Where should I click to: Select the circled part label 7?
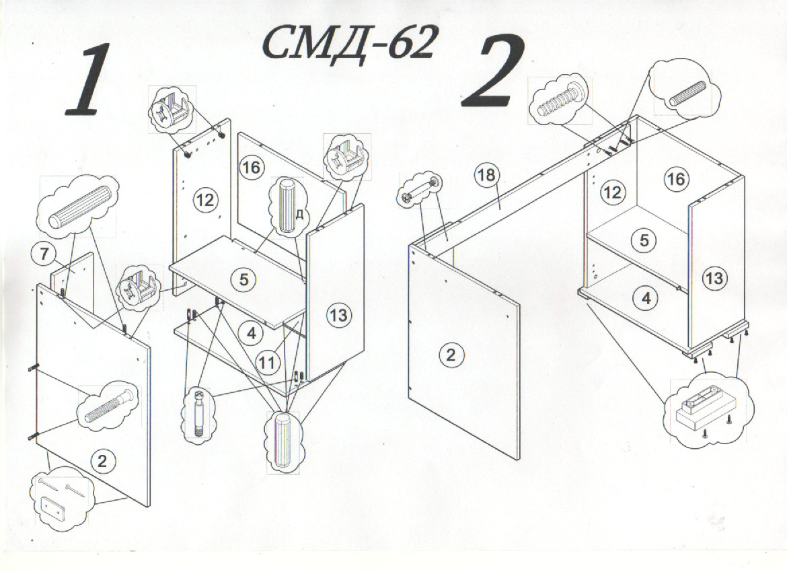[44, 254]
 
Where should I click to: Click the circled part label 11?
[268, 361]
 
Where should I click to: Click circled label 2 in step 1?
[102, 460]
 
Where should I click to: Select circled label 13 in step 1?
[339, 316]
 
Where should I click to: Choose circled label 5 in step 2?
[644, 240]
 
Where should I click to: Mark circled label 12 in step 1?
[205, 201]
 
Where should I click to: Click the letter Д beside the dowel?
[299, 215]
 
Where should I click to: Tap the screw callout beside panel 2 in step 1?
[108, 406]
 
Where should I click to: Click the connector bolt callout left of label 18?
[422, 191]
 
